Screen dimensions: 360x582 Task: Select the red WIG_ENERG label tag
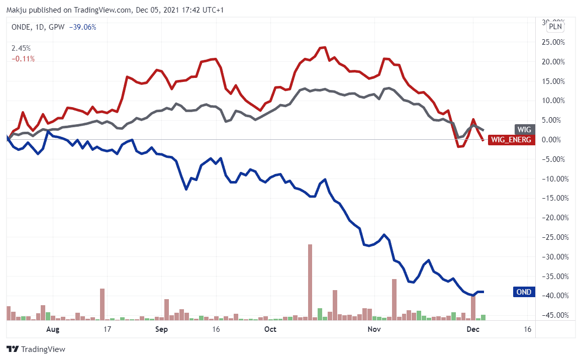(511, 139)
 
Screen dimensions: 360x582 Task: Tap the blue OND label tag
(524, 292)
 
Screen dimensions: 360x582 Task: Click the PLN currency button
(555, 27)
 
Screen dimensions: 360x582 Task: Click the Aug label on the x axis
(53, 329)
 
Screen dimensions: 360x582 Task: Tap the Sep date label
(161, 329)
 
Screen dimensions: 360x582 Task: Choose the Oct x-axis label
(270, 329)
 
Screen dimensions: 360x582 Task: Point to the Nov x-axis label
(373, 329)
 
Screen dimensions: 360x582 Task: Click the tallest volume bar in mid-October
(310, 282)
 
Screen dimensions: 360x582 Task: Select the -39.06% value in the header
(82, 27)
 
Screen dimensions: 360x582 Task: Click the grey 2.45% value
(21, 49)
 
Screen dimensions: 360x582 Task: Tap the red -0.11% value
(23, 59)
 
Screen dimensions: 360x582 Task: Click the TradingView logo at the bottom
(36, 349)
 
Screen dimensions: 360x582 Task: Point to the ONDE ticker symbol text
(21, 27)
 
